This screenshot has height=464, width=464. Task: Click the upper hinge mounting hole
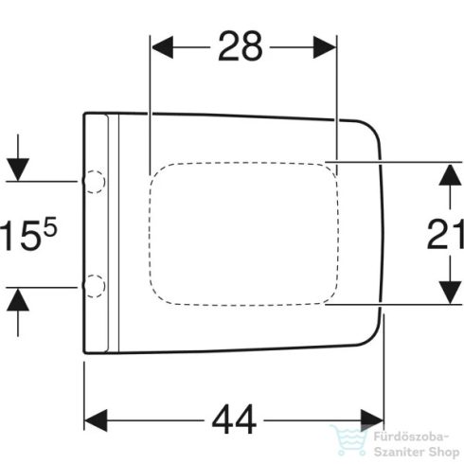pos(93,178)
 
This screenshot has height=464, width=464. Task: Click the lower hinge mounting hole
pos(93,282)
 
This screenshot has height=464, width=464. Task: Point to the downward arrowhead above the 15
pos(16,168)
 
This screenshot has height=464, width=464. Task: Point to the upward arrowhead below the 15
pos(16,295)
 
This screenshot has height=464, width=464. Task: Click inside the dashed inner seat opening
pos(241,232)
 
